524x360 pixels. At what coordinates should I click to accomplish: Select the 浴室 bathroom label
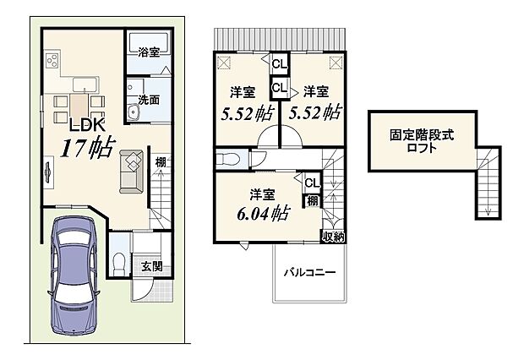click(150, 52)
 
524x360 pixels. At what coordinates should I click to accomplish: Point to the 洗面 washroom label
click(149, 98)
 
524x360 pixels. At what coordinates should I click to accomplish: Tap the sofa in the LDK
click(132, 170)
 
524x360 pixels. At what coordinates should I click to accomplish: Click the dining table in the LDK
click(79, 108)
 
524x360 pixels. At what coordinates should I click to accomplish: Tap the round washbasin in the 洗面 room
click(133, 114)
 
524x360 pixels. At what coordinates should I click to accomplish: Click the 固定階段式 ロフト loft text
click(414, 140)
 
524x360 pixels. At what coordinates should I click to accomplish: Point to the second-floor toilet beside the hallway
click(231, 158)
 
